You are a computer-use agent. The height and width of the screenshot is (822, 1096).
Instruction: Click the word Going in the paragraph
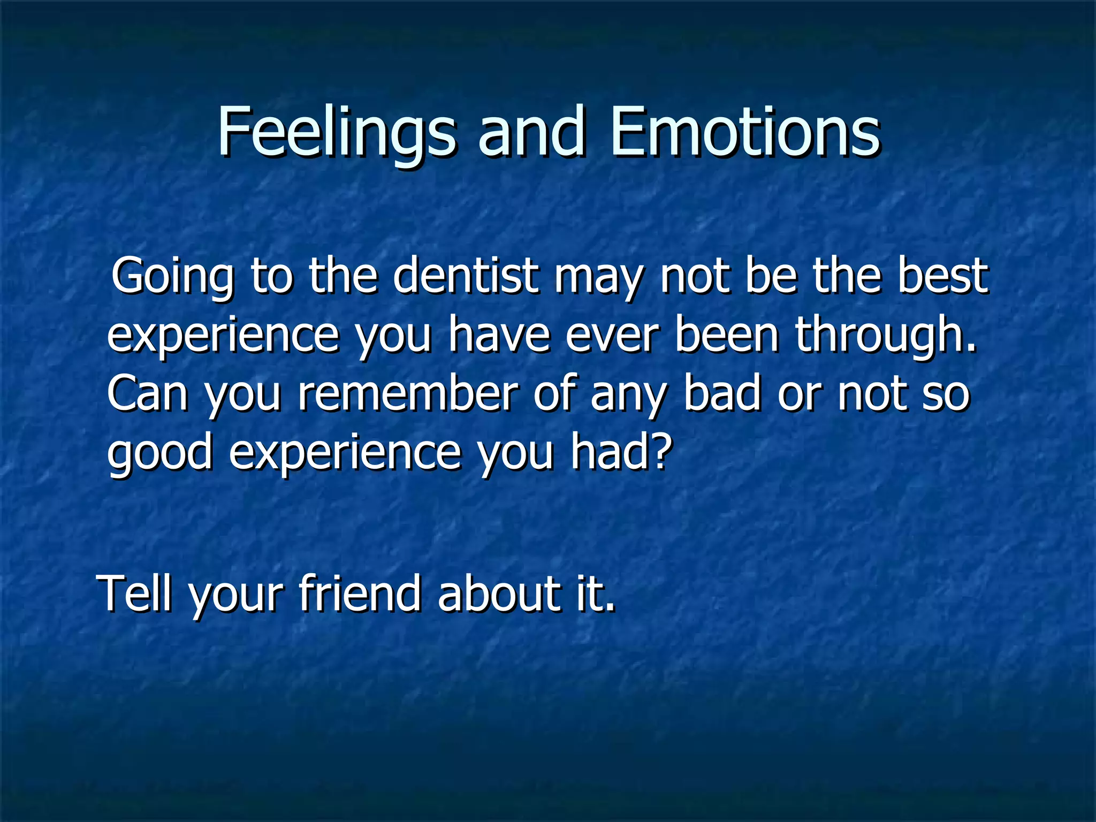[172, 277]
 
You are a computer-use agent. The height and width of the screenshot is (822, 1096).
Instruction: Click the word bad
[722, 393]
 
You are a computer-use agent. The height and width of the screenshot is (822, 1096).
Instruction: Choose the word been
[726, 334]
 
